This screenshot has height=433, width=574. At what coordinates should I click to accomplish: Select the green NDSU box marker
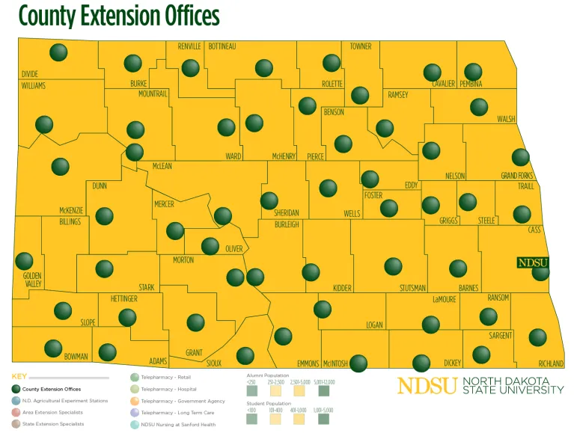(x=532, y=262)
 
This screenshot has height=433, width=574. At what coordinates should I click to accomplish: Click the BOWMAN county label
(x=76, y=356)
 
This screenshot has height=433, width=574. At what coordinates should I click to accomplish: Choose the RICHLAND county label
(x=550, y=363)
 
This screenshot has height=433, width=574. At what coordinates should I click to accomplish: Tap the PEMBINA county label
(x=471, y=83)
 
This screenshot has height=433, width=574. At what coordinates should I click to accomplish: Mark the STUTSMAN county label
(x=412, y=288)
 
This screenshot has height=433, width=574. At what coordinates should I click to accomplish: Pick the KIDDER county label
(x=342, y=288)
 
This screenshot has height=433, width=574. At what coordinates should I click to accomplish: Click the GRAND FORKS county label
(x=515, y=176)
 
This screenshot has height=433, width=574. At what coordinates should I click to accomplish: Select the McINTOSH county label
(x=335, y=363)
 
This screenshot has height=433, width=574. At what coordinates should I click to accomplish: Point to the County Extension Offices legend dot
(x=16, y=390)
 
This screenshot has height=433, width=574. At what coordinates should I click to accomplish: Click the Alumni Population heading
(x=267, y=375)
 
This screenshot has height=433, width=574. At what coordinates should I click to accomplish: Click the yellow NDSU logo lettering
(x=427, y=385)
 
